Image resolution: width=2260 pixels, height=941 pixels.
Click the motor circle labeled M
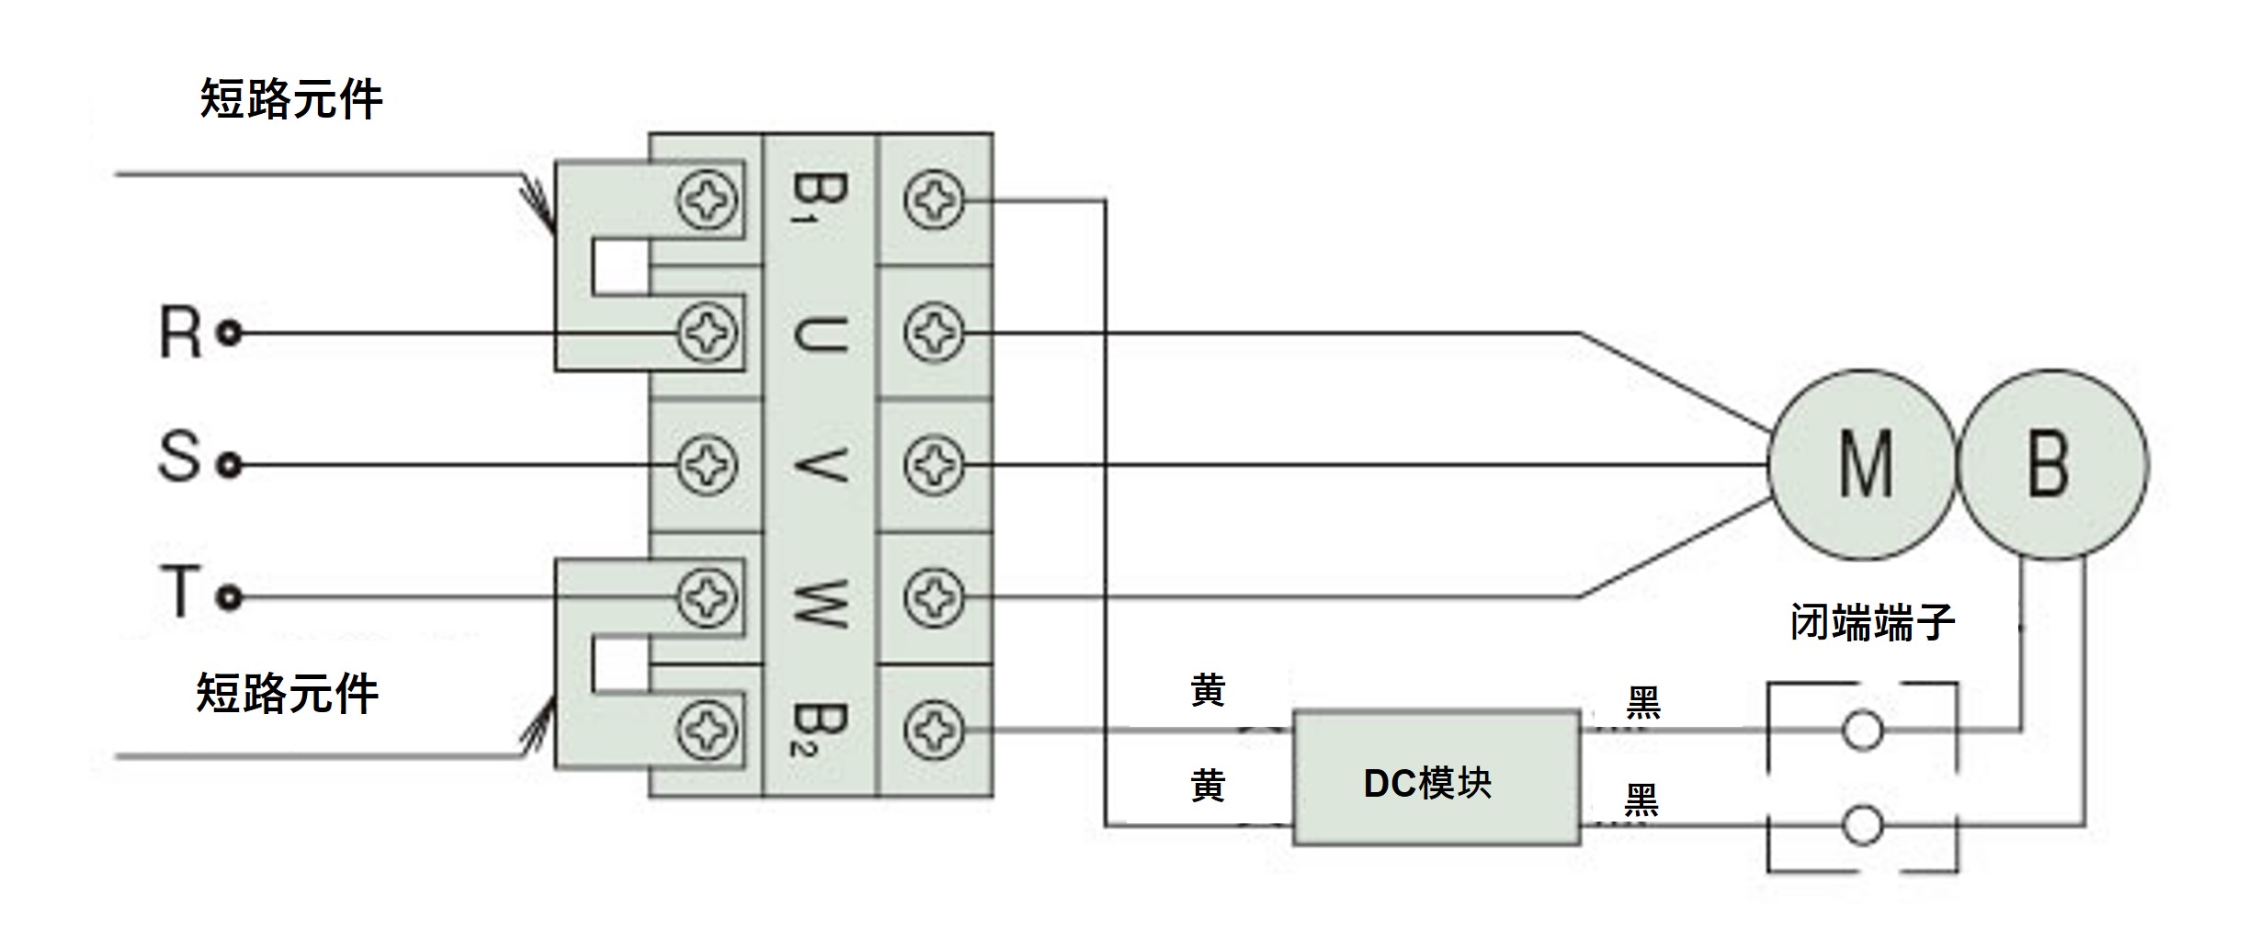[1863, 464]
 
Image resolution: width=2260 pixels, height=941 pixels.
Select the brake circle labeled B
[2051, 464]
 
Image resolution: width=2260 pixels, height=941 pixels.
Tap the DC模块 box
[1437, 778]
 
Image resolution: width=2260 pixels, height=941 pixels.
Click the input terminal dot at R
[230, 333]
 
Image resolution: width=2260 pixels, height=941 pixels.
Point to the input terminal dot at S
[230, 465]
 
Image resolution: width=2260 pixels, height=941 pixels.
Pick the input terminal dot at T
[230, 598]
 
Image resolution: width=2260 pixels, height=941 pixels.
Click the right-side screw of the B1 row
[934, 200]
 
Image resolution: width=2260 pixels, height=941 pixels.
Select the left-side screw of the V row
[706, 465]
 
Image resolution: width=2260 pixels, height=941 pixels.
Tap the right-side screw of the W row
[934, 598]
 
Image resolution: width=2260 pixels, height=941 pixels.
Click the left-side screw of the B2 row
[706, 731]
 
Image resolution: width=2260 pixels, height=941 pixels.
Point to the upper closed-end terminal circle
[1862, 731]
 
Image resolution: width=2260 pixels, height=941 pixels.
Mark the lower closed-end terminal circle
[1862, 825]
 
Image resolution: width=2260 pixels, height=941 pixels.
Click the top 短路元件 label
[290, 98]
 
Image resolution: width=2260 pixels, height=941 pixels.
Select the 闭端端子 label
[1871, 623]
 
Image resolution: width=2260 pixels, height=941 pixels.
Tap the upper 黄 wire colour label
[1208, 690]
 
